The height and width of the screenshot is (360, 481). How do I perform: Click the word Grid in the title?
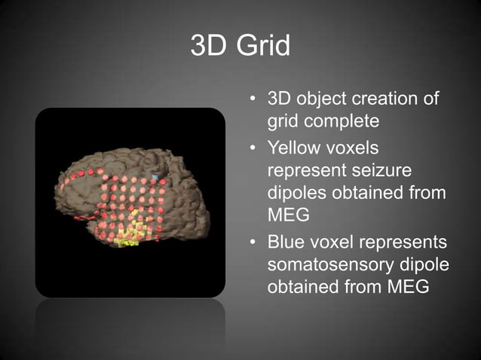262,46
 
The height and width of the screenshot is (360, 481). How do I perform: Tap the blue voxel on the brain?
155,177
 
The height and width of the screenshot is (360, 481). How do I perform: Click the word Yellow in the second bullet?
295,148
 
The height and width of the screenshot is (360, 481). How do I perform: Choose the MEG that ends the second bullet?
284,217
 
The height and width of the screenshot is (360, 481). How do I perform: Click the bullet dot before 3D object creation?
254,100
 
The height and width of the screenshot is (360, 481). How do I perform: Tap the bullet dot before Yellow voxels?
254,148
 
